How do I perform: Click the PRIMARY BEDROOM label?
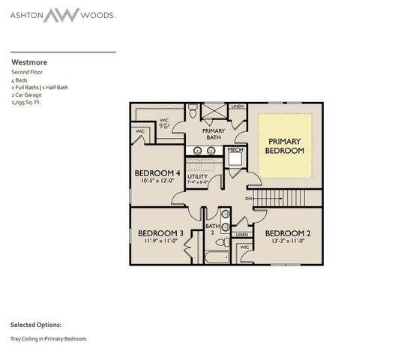click(x=285, y=145)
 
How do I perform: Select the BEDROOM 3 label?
click(x=157, y=232)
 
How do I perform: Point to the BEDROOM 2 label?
click(x=288, y=232)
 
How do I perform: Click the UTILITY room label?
click(x=198, y=177)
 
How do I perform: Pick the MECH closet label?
click(x=235, y=150)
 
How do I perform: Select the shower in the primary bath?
click(x=214, y=113)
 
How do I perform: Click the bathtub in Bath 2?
click(x=218, y=257)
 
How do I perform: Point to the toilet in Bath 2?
click(x=222, y=242)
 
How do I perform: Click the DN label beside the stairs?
click(x=247, y=199)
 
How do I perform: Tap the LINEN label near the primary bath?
click(x=238, y=107)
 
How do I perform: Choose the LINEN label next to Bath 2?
click(x=242, y=235)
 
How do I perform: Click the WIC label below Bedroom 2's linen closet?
click(x=245, y=247)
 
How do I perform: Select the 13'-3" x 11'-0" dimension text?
click(x=288, y=241)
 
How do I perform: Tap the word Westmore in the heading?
click(x=25, y=63)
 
